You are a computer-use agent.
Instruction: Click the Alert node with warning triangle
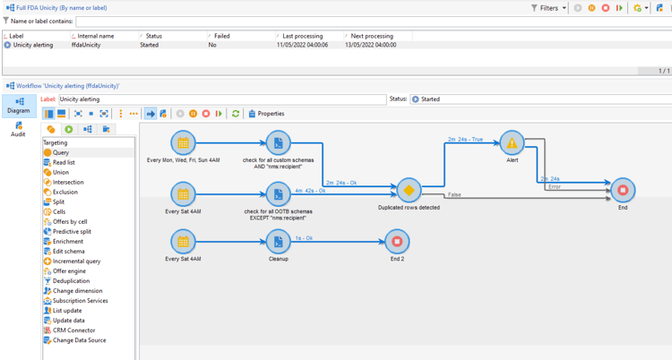coord(512,143)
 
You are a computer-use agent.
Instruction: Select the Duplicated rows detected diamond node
coord(409,191)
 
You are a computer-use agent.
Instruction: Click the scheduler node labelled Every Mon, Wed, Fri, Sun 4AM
coord(183,143)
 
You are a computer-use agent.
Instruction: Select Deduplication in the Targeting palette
coord(71,281)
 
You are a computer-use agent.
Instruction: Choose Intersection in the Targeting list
coord(68,183)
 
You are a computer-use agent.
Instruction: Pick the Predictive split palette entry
coord(72,232)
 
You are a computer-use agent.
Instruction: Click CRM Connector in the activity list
coord(73,330)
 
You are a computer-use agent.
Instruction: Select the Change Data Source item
coord(79,340)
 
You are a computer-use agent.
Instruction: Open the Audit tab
coord(18,129)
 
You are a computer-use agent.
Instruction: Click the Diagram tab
coord(18,106)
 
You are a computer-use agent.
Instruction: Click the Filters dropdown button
coord(547,8)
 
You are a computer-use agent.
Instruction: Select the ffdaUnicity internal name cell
coord(86,45)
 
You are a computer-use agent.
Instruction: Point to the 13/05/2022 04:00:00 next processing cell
coord(371,45)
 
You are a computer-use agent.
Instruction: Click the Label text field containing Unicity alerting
coord(221,99)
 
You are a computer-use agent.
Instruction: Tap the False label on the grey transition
coord(455,194)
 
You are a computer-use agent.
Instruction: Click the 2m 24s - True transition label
coord(465,140)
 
